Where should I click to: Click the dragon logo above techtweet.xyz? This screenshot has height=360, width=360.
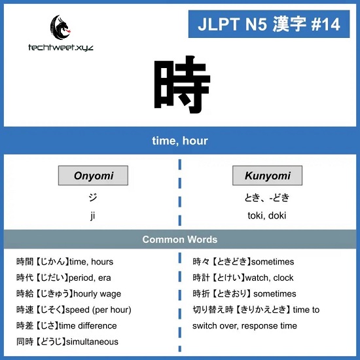click(x=61, y=27)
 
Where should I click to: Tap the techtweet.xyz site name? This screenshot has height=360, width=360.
click(x=61, y=48)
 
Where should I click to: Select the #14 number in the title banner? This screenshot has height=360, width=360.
click(x=325, y=24)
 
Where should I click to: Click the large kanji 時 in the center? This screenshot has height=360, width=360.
click(x=182, y=85)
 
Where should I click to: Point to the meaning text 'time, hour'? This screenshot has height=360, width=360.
click(x=180, y=141)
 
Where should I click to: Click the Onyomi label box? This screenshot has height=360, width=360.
click(x=93, y=175)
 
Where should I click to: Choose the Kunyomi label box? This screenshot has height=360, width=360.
click(x=267, y=175)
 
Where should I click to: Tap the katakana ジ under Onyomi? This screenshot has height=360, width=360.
click(x=93, y=197)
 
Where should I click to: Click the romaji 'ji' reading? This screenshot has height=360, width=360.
click(x=92, y=215)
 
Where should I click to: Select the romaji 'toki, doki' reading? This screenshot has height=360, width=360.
click(x=267, y=215)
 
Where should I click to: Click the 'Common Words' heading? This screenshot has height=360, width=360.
click(x=180, y=240)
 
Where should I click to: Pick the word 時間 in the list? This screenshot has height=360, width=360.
click(x=25, y=262)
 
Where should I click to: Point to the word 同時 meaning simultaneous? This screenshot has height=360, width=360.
click(x=25, y=342)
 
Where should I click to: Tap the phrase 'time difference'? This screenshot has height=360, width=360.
click(x=88, y=326)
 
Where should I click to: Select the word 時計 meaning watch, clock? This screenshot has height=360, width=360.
click(x=201, y=278)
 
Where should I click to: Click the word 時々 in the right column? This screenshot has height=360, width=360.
click(x=201, y=262)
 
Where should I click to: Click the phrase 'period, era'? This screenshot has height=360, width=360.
click(x=90, y=278)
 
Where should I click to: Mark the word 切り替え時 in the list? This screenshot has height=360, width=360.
click(x=213, y=310)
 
